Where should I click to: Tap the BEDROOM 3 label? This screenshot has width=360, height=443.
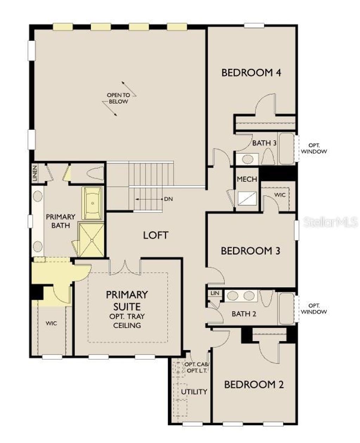coord(250,251)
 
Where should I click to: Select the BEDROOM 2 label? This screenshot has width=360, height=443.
coord(254,385)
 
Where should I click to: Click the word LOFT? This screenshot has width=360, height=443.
coord(156,235)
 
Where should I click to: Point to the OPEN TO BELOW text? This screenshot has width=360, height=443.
coord(118,98)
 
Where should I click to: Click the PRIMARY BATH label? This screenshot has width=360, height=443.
coord(60,221)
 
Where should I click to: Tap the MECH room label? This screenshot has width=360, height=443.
coord(247,179)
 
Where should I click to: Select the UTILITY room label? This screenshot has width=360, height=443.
coord(194,392)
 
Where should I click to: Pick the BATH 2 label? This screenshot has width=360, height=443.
coord(244,314)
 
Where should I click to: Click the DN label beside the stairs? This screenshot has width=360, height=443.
coord(168,199)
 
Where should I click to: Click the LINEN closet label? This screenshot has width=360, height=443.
coord(35,173)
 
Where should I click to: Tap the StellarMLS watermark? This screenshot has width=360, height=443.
coord(330,222)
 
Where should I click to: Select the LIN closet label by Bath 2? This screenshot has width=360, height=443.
coord(214,293)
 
